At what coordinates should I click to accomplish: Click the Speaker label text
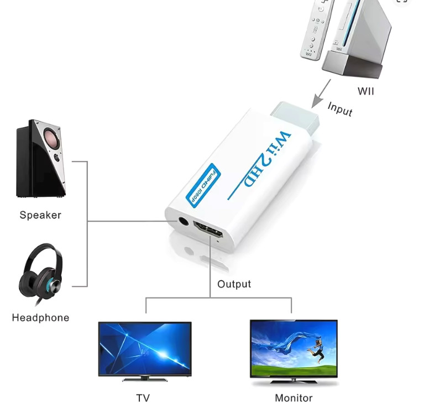tap(40, 215)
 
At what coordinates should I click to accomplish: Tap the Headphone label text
tap(40, 318)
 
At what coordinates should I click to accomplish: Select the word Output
tap(234, 284)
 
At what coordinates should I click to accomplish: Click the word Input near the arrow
tap(339, 108)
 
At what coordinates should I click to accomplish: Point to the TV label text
tap(143, 398)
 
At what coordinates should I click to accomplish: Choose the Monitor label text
tap(294, 398)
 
